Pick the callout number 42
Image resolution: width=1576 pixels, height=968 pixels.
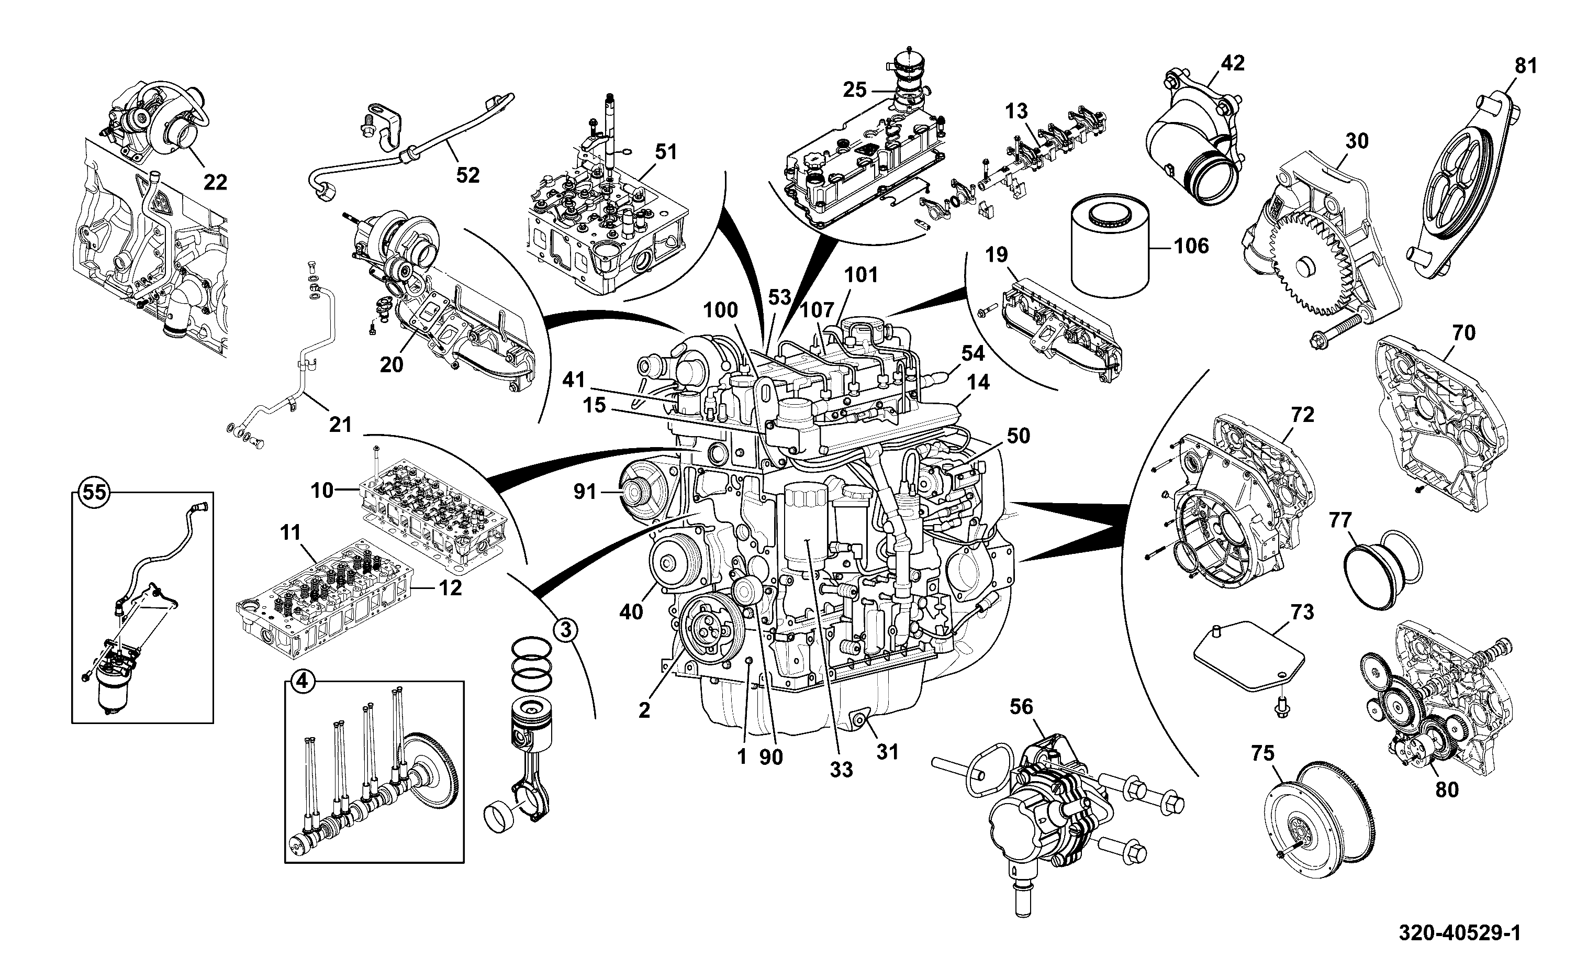pyautogui.click(x=1233, y=63)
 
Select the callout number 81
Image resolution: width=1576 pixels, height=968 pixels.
pyautogui.click(x=1526, y=65)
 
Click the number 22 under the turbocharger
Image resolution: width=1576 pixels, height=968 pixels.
pyautogui.click(x=215, y=183)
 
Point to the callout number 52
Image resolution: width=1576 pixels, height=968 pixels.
pyautogui.click(x=468, y=175)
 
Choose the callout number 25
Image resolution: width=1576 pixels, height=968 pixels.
pyautogui.click(x=854, y=90)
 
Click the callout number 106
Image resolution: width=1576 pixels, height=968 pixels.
pyautogui.click(x=1191, y=246)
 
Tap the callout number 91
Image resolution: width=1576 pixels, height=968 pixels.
pyautogui.click(x=585, y=492)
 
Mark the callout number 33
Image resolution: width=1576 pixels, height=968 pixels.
pyautogui.click(x=842, y=770)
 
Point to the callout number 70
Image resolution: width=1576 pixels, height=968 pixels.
pyautogui.click(x=1463, y=333)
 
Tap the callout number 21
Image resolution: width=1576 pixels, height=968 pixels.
pyautogui.click(x=340, y=425)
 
